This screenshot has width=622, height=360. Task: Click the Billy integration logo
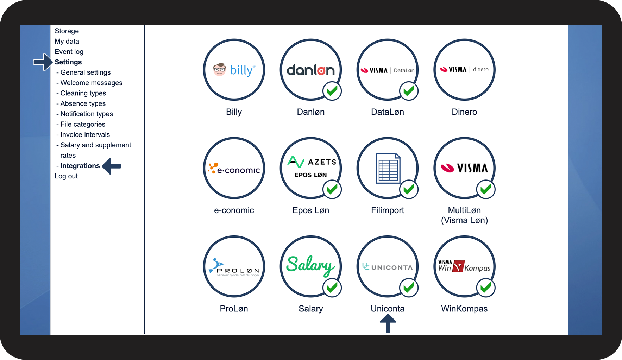tap(234, 70)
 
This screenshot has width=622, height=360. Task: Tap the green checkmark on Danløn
tap(332, 91)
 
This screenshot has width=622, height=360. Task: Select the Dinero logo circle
tap(464, 70)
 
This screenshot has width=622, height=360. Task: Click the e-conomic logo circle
tap(234, 168)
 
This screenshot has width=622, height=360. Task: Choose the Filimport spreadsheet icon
tap(388, 168)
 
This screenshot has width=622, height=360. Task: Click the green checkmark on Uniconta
tap(409, 288)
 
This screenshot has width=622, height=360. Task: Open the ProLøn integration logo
tap(234, 267)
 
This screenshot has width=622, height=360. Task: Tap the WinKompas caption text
tap(464, 309)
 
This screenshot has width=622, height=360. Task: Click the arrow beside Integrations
tap(112, 166)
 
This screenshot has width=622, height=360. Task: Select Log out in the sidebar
tap(66, 176)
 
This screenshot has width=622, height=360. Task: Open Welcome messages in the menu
tap(91, 83)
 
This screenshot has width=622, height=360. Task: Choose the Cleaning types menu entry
tap(83, 93)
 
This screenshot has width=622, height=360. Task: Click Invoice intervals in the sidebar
tap(85, 135)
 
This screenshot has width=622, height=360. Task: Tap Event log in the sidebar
tap(69, 52)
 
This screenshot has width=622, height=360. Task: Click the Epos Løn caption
tap(310, 210)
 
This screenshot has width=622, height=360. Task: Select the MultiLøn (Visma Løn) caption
tap(464, 215)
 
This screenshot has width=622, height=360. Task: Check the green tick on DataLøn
tap(409, 91)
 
